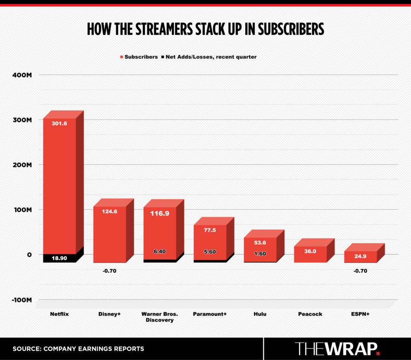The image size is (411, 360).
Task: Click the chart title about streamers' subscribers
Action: pos(205,29)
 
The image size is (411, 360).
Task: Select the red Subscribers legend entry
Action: pos(139,57)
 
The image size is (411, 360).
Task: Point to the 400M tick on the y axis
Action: pos(24,75)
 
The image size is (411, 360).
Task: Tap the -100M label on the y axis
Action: pos(23,300)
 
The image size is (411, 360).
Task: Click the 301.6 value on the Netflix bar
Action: pos(59,123)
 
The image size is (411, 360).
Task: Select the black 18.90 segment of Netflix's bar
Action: pos(59,258)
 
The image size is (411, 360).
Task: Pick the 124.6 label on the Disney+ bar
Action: pos(110,211)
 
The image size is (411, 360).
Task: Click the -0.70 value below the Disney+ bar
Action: pos(110,271)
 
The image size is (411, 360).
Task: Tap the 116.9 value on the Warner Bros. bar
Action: pos(160,213)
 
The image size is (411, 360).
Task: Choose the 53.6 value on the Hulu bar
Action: pos(260,243)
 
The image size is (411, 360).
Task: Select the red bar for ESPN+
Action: pos(360,257)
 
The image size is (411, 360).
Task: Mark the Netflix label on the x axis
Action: pos(59,314)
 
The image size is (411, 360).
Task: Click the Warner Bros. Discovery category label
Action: pos(160,317)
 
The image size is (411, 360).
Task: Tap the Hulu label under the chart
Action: pos(260,314)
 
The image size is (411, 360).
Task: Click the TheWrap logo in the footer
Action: pos(337,348)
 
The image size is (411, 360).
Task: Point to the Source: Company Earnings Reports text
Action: pos(78,349)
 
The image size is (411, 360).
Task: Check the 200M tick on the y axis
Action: pos(24,165)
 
